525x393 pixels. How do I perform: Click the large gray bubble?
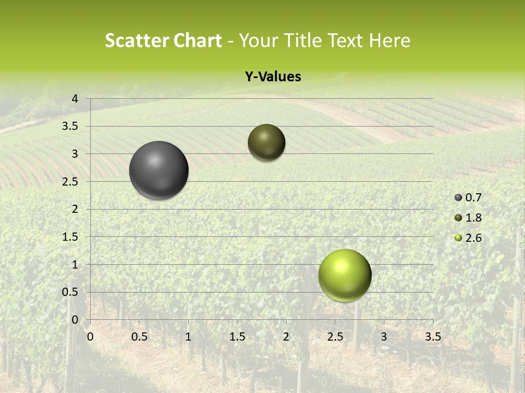click(x=159, y=170)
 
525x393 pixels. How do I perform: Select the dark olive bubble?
click(x=266, y=142)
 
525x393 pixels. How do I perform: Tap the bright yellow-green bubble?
click(x=345, y=275)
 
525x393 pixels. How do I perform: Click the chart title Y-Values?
click(x=273, y=77)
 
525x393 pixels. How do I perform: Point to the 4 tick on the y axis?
click(x=75, y=99)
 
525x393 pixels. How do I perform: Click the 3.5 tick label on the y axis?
click(x=71, y=127)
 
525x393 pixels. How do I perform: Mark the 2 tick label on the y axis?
click(x=75, y=209)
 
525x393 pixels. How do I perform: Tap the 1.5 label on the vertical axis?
click(x=71, y=237)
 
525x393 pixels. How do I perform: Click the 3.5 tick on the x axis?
click(x=433, y=337)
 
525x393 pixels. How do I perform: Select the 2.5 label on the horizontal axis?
click(x=335, y=337)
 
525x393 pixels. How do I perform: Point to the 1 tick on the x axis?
click(x=188, y=337)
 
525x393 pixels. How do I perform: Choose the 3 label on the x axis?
click(x=384, y=337)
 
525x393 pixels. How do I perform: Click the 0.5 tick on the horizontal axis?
click(x=139, y=337)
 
